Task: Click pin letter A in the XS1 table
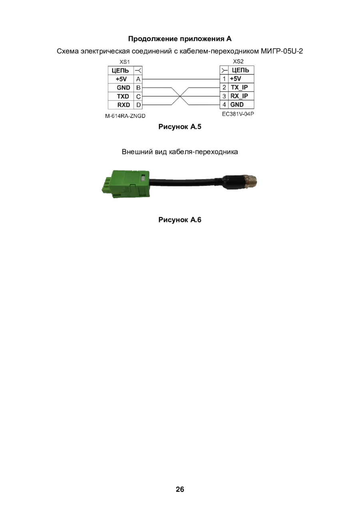(x=138, y=79)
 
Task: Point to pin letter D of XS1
(x=138, y=105)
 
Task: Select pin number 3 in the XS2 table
(x=224, y=96)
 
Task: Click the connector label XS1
(x=124, y=62)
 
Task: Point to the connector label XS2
(x=238, y=61)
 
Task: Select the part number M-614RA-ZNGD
(x=125, y=116)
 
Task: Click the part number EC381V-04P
(x=238, y=114)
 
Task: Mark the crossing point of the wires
(x=180, y=96)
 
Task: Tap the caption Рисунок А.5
(x=180, y=127)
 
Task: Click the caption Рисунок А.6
(x=180, y=220)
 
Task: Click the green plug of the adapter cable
(x=126, y=184)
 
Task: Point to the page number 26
(x=180, y=489)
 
